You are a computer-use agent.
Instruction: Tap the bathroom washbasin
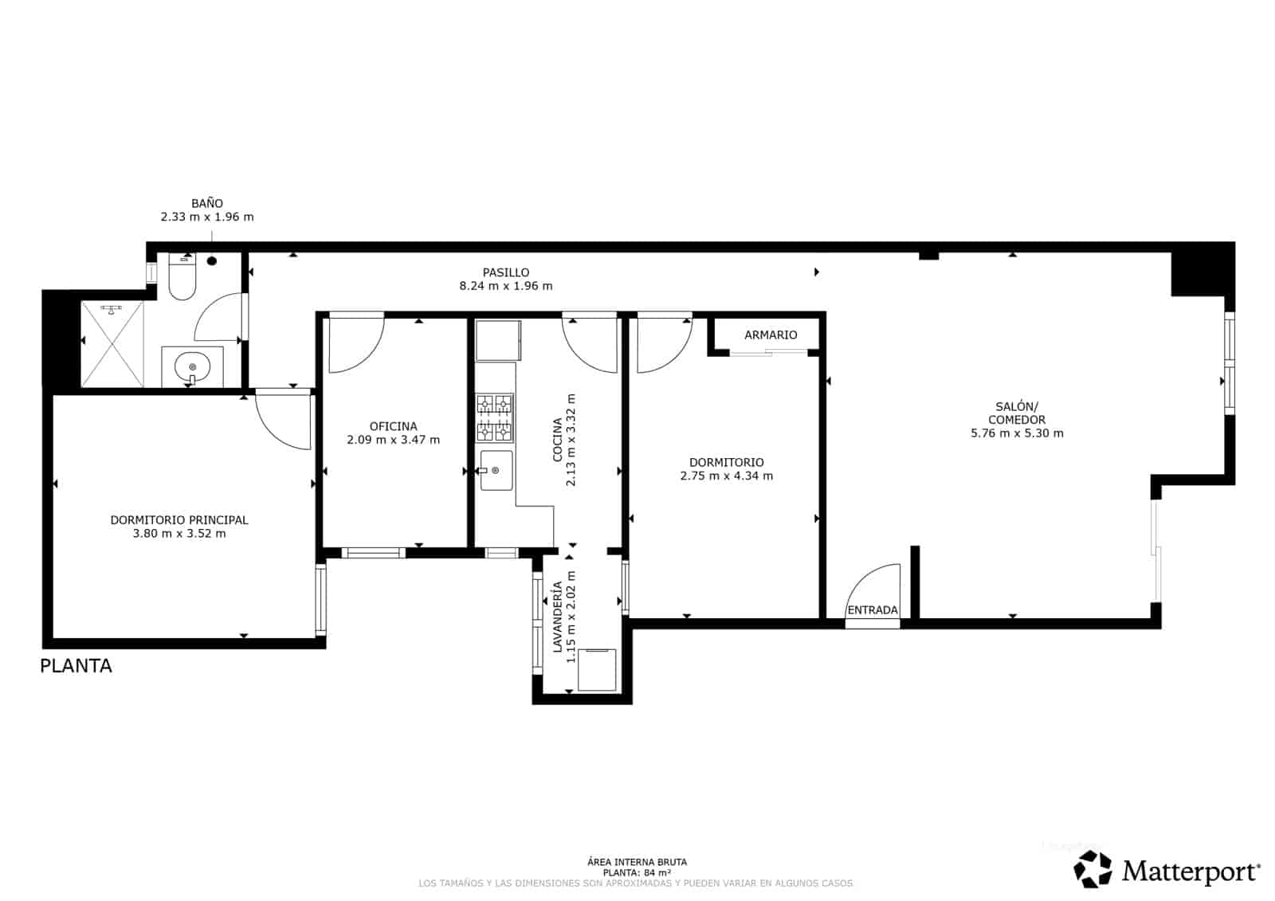[192, 367]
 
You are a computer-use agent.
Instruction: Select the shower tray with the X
[112, 343]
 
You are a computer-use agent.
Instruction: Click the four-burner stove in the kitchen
[495, 417]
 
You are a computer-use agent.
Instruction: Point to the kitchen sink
[496, 471]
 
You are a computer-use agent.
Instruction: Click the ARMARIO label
[771, 335]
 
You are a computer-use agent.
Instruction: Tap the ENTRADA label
[873, 610]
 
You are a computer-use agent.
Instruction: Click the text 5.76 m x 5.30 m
[1017, 433]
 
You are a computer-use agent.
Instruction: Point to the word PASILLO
[505, 272]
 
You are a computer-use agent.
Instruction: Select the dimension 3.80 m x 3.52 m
[179, 534]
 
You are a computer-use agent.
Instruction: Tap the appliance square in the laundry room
[596, 669]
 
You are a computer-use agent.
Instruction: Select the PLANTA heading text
[76, 666]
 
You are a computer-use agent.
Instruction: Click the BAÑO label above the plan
[207, 203]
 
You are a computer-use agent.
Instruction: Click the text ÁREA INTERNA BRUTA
[637, 862]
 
